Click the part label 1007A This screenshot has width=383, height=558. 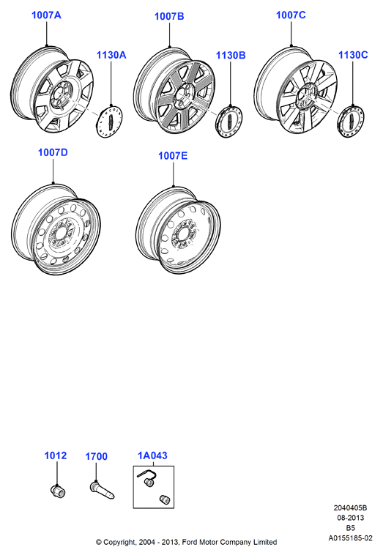[46, 15]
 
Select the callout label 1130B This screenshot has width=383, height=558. [231, 55]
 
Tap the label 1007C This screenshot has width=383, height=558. [291, 15]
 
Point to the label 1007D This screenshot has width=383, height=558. [53, 152]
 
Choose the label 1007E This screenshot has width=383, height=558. [173, 155]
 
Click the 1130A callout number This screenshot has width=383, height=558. [111, 55]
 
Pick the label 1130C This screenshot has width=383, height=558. [353, 55]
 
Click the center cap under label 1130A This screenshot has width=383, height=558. [110, 122]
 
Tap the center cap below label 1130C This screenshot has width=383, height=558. [351, 122]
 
